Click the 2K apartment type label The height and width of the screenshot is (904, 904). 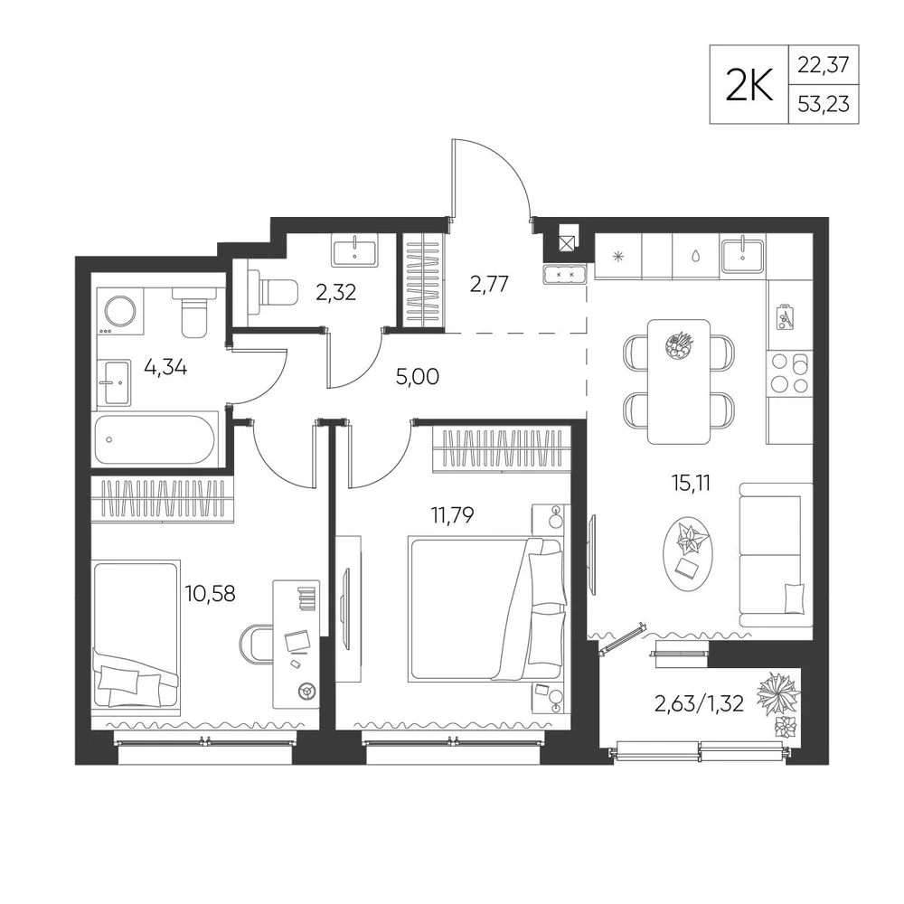(749, 85)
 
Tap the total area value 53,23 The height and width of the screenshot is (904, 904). (824, 104)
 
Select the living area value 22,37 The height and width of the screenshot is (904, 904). (824, 64)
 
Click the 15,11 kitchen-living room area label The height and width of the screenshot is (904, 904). (691, 483)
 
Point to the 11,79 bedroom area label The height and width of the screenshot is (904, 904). (452, 514)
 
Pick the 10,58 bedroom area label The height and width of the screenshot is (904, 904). (210, 593)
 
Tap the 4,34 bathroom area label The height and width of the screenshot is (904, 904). (165, 367)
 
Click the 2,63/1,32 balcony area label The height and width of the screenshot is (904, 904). (699, 703)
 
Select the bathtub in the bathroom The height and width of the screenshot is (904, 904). (155, 440)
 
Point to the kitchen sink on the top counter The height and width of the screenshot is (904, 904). (742, 256)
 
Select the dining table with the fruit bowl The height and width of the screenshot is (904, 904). (679, 381)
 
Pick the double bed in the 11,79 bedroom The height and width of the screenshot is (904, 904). (485, 608)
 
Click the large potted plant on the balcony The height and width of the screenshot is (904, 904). (778, 692)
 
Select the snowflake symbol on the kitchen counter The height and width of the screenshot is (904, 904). (618, 257)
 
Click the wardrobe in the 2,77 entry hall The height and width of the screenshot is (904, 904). (424, 281)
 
